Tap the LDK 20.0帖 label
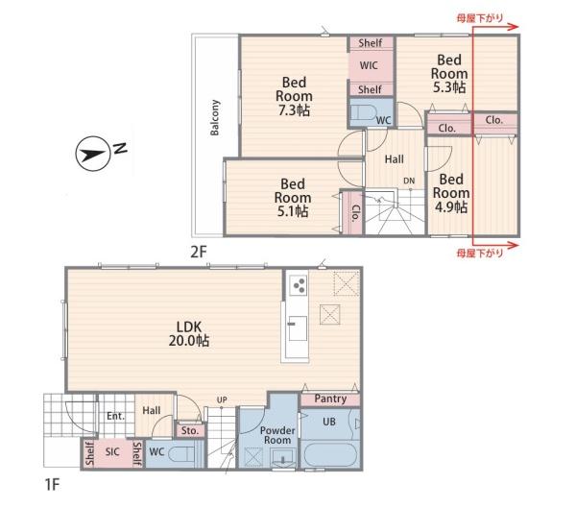pyautogui.click(x=189, y=334)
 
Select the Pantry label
pyautogui.click(x=330, y=399)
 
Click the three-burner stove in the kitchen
pyautogui.click(x=298, y=285)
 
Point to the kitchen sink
pyautogui.click(x=298, y=327)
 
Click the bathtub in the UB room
pyautogui.click(x=330, y=454)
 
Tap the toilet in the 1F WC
pyautogui.click(x=181, y=453)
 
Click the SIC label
pyautogui.click(x=112, y=451)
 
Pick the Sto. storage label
pyautogui.click(x=189, y=430)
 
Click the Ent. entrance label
pyautogui.click(x=115, y=416)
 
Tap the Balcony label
pyautogui.click(x=214, y=117)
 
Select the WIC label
pyautogui.click(x=369, y=65)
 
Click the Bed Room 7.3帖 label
pyautogui.click(x=294, y=96)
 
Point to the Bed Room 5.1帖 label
pyautogui.click(x=293, y=198)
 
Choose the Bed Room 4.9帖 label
pyautogui.click(x=451, y=193)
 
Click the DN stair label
pyautogui.click(x=409, y=181)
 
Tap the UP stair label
pyautogui.click(x=222, y=399)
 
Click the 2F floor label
pyautogui.click(x=199, y=252)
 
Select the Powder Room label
pyautogui.click(x=277, y=435)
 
